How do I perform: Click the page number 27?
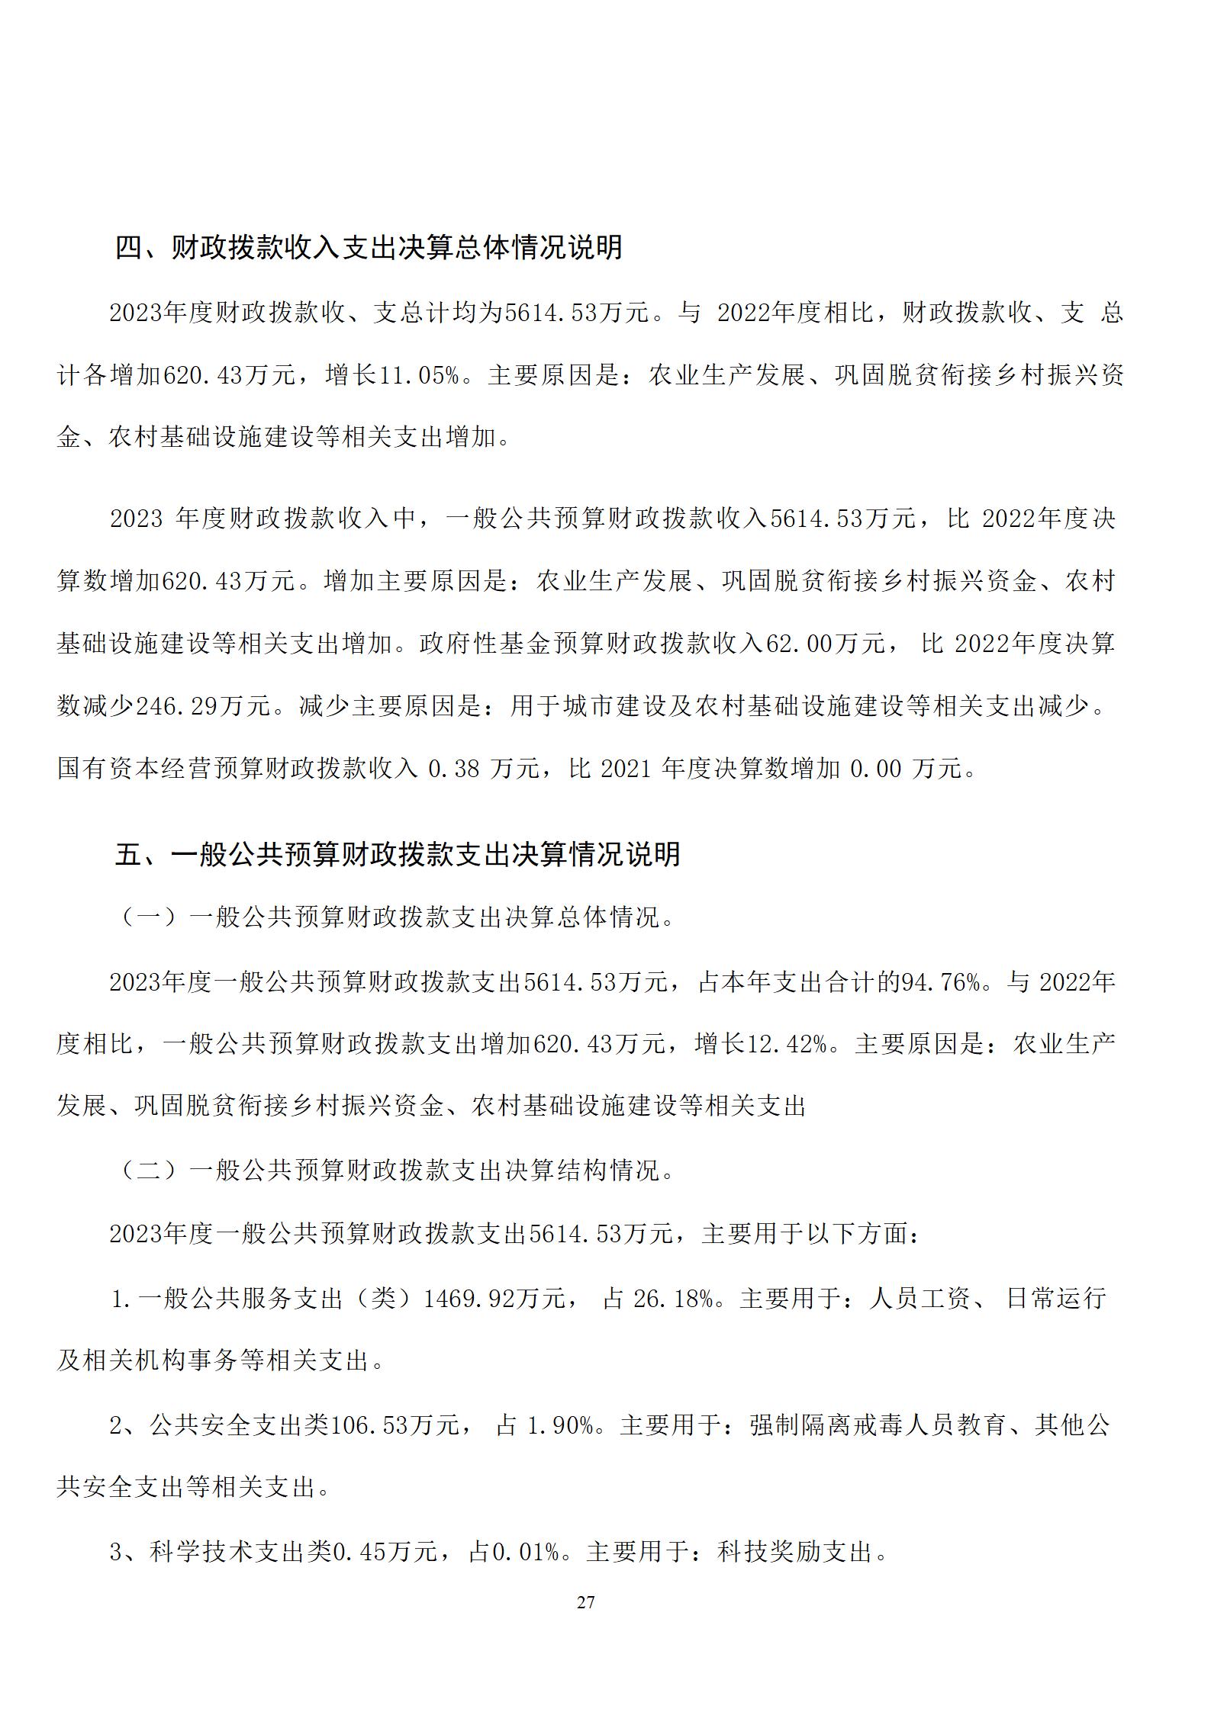585,1602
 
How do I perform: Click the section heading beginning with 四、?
369,246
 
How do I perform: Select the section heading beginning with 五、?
397,853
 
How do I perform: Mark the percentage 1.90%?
561,1424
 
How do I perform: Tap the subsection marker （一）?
149,917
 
